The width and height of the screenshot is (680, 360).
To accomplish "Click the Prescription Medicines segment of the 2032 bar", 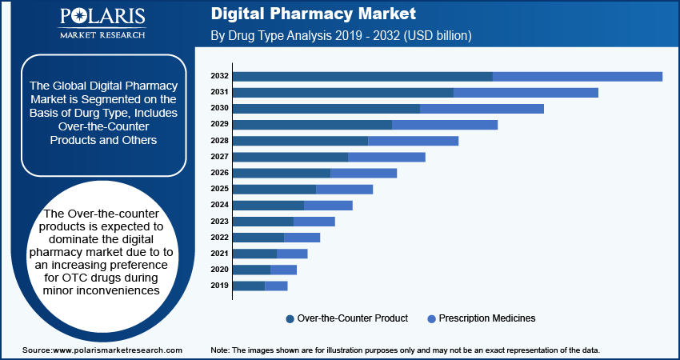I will click(578, 76).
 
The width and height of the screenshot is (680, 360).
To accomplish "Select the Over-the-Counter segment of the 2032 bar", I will click(362, 76).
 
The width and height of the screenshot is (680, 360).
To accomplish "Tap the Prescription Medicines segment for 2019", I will click(276, 286).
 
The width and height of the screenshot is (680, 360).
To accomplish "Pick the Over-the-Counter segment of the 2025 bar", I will click(274, 189).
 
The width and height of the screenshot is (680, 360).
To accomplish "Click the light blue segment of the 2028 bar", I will click(413, 141).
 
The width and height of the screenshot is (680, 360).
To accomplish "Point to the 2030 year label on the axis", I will click(220, 108).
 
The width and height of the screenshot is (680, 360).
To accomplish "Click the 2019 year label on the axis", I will click(220, 286).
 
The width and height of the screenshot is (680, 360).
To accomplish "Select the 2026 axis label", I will click(220, 173).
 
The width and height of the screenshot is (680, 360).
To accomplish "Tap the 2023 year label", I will click(220, 221).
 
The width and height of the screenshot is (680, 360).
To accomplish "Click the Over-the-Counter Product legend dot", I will click(290, 318).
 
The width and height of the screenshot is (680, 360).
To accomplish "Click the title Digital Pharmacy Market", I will click(313, 14).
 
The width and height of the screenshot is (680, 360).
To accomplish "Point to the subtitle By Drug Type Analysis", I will click(272, 36).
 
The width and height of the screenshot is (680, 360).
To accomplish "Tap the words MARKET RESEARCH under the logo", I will click(102, 34).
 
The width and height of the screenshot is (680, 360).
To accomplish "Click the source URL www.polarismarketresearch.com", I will click(117, 350).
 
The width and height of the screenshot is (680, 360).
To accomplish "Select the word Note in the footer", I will click(220, 350).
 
